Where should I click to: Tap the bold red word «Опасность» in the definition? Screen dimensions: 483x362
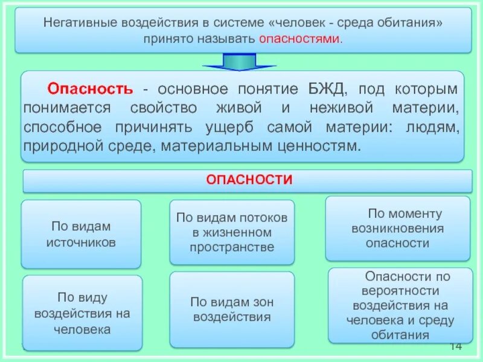[90, 89]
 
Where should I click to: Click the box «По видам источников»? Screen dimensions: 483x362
[81, 234]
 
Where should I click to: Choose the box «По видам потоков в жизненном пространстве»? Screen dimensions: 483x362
[232, 232]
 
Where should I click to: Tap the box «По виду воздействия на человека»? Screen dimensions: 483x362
[82, 313]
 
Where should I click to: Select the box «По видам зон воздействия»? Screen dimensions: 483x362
[232, 309]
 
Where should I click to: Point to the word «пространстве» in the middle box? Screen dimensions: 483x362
[232, 247]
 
